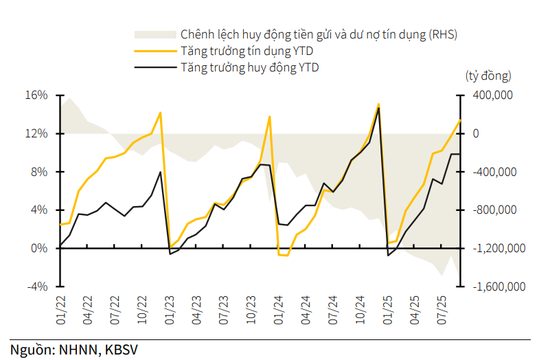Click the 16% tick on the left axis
(37, 95)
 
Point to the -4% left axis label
(37, 286)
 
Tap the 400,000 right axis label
(492, 95)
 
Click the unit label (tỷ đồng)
(488, 76)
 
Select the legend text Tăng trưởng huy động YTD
(250, 67)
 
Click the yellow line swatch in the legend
(154, 51)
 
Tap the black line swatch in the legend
(154, 67)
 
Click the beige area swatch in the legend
(154, 34)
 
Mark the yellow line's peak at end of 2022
(160, 113)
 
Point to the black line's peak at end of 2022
(160, 172)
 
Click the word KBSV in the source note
(121, 349)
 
